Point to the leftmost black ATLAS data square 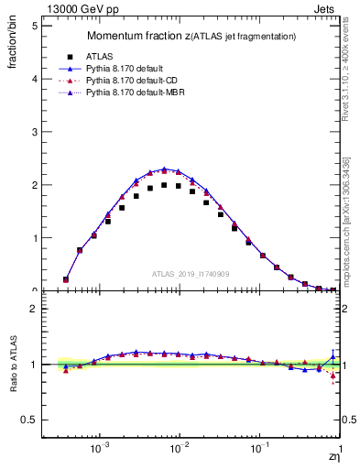click(x=66, y=279)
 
